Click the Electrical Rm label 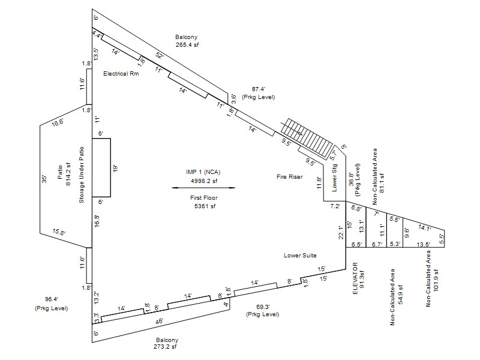[121, 74]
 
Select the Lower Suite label [300, 256]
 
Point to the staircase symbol [308, 136]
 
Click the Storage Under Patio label [82, 174]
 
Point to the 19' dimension [115, 169]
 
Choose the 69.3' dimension [263, 306]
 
